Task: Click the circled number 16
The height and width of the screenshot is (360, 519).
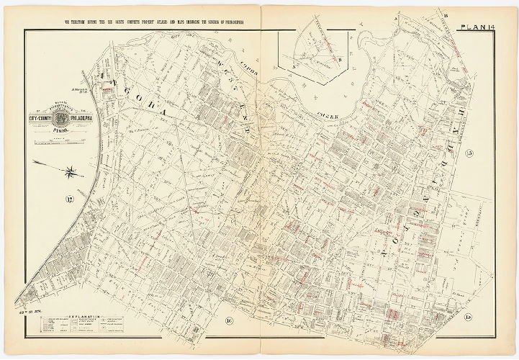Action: (229, 320)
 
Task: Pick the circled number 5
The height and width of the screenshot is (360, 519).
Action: (469, 152)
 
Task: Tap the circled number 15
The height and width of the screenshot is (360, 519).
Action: (469, 318)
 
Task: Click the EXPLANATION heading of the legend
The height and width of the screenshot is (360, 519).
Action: (87, 316)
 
